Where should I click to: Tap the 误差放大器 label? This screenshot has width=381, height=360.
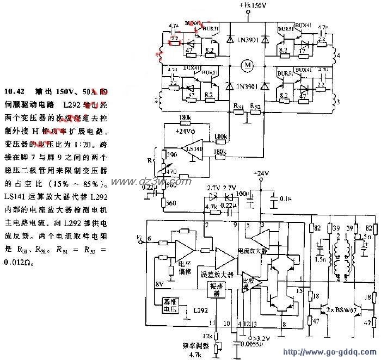(216, 275)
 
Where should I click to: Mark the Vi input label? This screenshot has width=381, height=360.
(140, 237)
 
